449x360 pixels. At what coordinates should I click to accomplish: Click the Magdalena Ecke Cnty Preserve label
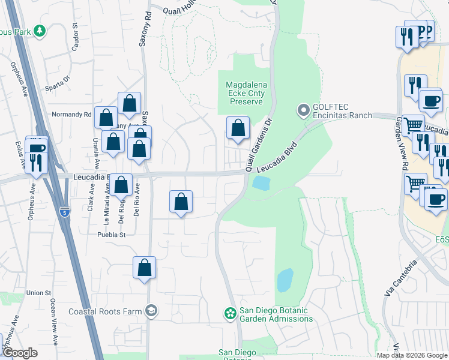[x=245, y=93]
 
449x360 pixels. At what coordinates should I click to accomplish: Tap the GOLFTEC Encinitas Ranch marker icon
[x=303, y=110]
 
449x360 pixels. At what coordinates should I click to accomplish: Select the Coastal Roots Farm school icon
[x=152, y=311]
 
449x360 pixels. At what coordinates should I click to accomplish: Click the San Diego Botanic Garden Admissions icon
[x=229, y=313]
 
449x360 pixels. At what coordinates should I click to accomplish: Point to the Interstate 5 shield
[x=65, y=212]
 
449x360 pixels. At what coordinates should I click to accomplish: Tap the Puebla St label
[x=112, y=235]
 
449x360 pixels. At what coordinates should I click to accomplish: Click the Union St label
[x=38, y=293]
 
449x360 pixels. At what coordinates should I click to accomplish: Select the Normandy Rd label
[x=71, y=114]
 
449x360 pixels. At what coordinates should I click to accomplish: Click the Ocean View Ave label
[x=54, y=322]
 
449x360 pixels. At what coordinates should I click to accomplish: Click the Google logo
[x=20, y=353]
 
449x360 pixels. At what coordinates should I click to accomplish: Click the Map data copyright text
[x=412, y=355]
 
